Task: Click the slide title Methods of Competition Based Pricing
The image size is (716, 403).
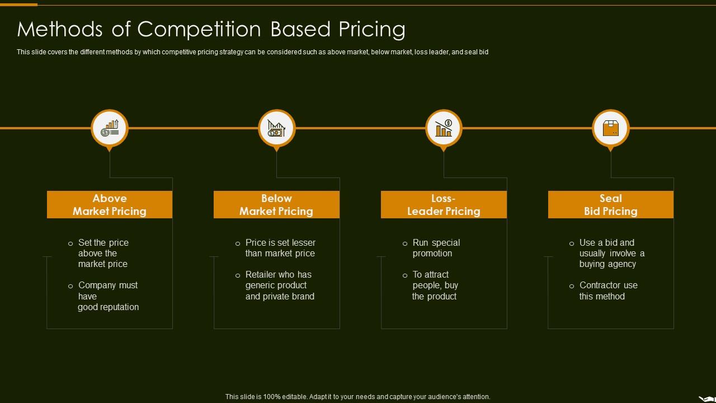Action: click(x=211, y=29)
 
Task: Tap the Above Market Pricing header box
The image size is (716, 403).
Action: click(x=110, y=205)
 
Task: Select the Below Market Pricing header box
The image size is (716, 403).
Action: click(x=276, y=205)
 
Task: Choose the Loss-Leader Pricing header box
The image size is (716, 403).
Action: click(x=444, y=205)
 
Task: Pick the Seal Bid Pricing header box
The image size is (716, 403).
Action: click(x=611, y=205)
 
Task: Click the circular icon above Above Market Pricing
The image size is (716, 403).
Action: click(x=110, y=128)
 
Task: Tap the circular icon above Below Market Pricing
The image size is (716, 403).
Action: click(x=277, y=128)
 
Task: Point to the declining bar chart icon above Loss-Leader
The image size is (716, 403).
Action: click(x=444, y=128)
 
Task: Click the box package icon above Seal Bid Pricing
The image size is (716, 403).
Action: click(x=611, y=128)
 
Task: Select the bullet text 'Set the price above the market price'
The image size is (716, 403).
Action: click(x=103, y=253)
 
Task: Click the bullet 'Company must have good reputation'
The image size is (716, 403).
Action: click(x=108, y=296)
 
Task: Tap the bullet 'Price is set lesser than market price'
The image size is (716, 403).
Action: click(x=280, y=248)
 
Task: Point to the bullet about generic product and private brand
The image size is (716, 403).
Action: click(x=280, y=285)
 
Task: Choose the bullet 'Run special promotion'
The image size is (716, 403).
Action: click(x=436, y=248)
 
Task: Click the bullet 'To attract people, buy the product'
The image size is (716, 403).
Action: click(x=435, y=285)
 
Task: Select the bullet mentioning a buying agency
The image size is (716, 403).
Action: click(x=611, y=253)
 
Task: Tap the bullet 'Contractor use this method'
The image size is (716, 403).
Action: click(x=608, y=290)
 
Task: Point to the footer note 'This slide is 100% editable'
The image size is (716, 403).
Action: click(x=357, y=396)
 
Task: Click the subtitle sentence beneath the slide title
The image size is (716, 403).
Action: click(x=252, y=52)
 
